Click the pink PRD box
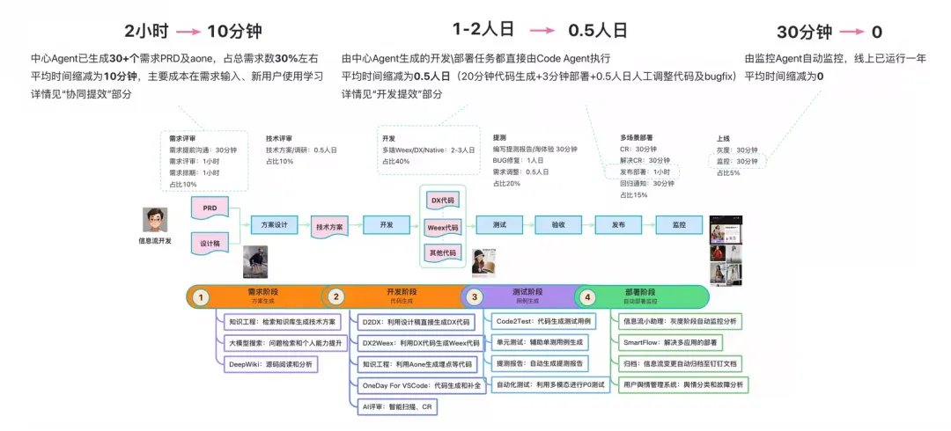pos(210,208)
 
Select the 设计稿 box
pos(210,243)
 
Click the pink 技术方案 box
pos(330,226)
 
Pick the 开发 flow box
pos(387,225)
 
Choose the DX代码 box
pos(443,201)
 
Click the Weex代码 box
pos(443,227)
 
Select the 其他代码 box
pos(443,253)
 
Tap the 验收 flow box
pos(558,225)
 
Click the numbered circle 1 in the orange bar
pos(202,297)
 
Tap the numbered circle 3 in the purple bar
pos(475,297)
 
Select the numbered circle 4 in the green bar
pos(588,297)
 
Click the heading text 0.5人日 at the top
pos(598,30)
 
